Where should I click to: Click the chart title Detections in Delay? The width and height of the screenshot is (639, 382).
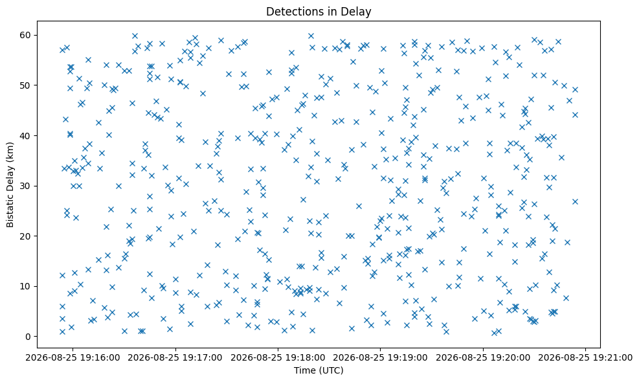point(319,12)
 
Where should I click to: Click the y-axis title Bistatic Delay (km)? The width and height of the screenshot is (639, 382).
point(10,185)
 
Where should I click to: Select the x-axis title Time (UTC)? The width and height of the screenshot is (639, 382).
point(319,370)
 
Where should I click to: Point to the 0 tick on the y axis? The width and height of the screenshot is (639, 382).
point(28,337)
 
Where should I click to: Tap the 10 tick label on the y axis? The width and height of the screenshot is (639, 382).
point(27,287)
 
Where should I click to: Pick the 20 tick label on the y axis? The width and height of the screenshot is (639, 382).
point(27,236)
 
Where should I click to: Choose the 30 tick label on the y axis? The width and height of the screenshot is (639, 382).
point(27,186)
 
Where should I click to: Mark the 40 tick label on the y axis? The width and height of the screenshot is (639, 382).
point(27,136)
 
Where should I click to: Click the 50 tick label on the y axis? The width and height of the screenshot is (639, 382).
point(27,85)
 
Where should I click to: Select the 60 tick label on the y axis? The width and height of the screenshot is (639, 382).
point(27,35)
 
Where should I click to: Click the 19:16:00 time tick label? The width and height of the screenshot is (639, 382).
point(73,358)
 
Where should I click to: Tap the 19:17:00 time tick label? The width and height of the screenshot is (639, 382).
point(175,358)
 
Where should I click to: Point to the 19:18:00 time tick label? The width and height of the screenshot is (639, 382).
point(278,358)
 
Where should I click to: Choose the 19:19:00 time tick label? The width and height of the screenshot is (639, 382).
point(381,358)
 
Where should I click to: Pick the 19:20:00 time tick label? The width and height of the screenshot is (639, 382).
point(484,358)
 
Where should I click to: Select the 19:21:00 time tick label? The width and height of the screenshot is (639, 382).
point(586,358)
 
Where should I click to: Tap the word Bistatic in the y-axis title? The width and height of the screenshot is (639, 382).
point(10,211)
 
